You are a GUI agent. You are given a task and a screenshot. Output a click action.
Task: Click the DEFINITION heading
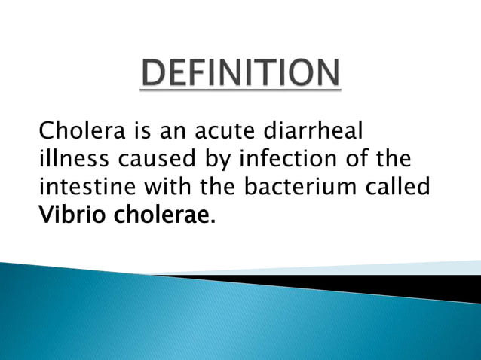coord(240,73)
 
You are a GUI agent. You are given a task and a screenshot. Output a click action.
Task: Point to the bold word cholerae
coord(160,215)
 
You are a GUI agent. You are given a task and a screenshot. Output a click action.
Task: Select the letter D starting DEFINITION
coord(155,73)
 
